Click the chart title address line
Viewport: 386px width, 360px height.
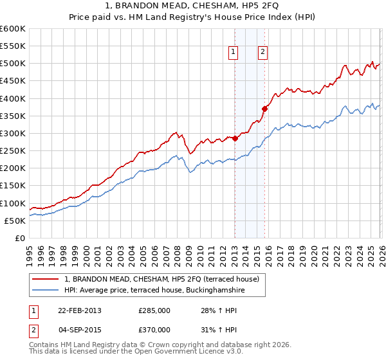192,6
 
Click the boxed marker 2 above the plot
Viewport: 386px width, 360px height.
263,53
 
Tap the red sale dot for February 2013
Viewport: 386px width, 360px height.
235,138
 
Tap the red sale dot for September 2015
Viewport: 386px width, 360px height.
264,109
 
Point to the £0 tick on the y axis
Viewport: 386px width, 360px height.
20,239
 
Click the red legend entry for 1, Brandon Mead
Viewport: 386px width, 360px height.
161,279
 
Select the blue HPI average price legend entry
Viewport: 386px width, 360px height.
154,291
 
